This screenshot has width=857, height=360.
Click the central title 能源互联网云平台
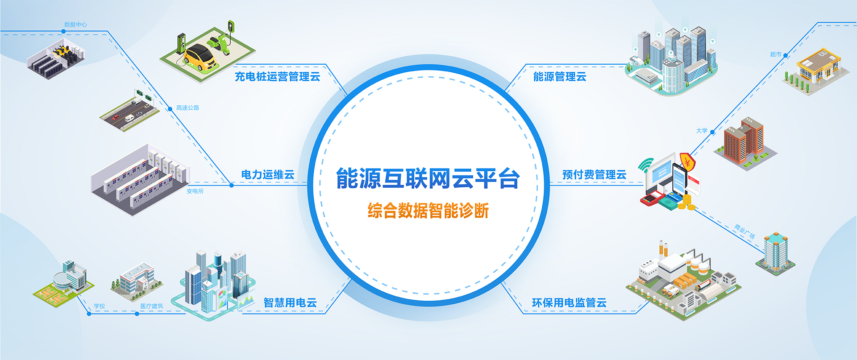(x=428, y=178)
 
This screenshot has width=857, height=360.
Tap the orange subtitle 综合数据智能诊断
(x=428, y=211)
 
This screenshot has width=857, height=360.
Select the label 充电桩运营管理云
(x=278, y=77)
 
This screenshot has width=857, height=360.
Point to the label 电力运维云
(x=268, y=175)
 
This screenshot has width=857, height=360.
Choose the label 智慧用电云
(x=290, y=303)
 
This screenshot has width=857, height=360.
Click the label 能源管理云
(x=560, y=77)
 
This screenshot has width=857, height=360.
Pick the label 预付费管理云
(x=594, y=175)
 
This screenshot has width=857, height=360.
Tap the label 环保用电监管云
(x=569, y=303)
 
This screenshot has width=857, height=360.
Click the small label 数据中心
(x=75, y=25)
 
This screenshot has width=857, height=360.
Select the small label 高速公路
(x=187, y=108)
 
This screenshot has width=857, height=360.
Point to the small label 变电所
(x=195, y=191)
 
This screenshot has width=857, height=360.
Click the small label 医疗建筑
(x=152, y=306)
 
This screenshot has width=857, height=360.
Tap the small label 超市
(x=776, y=54)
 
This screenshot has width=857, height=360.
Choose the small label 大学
(x=702, y=131)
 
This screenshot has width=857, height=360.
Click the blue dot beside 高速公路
(x=170, y=109)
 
